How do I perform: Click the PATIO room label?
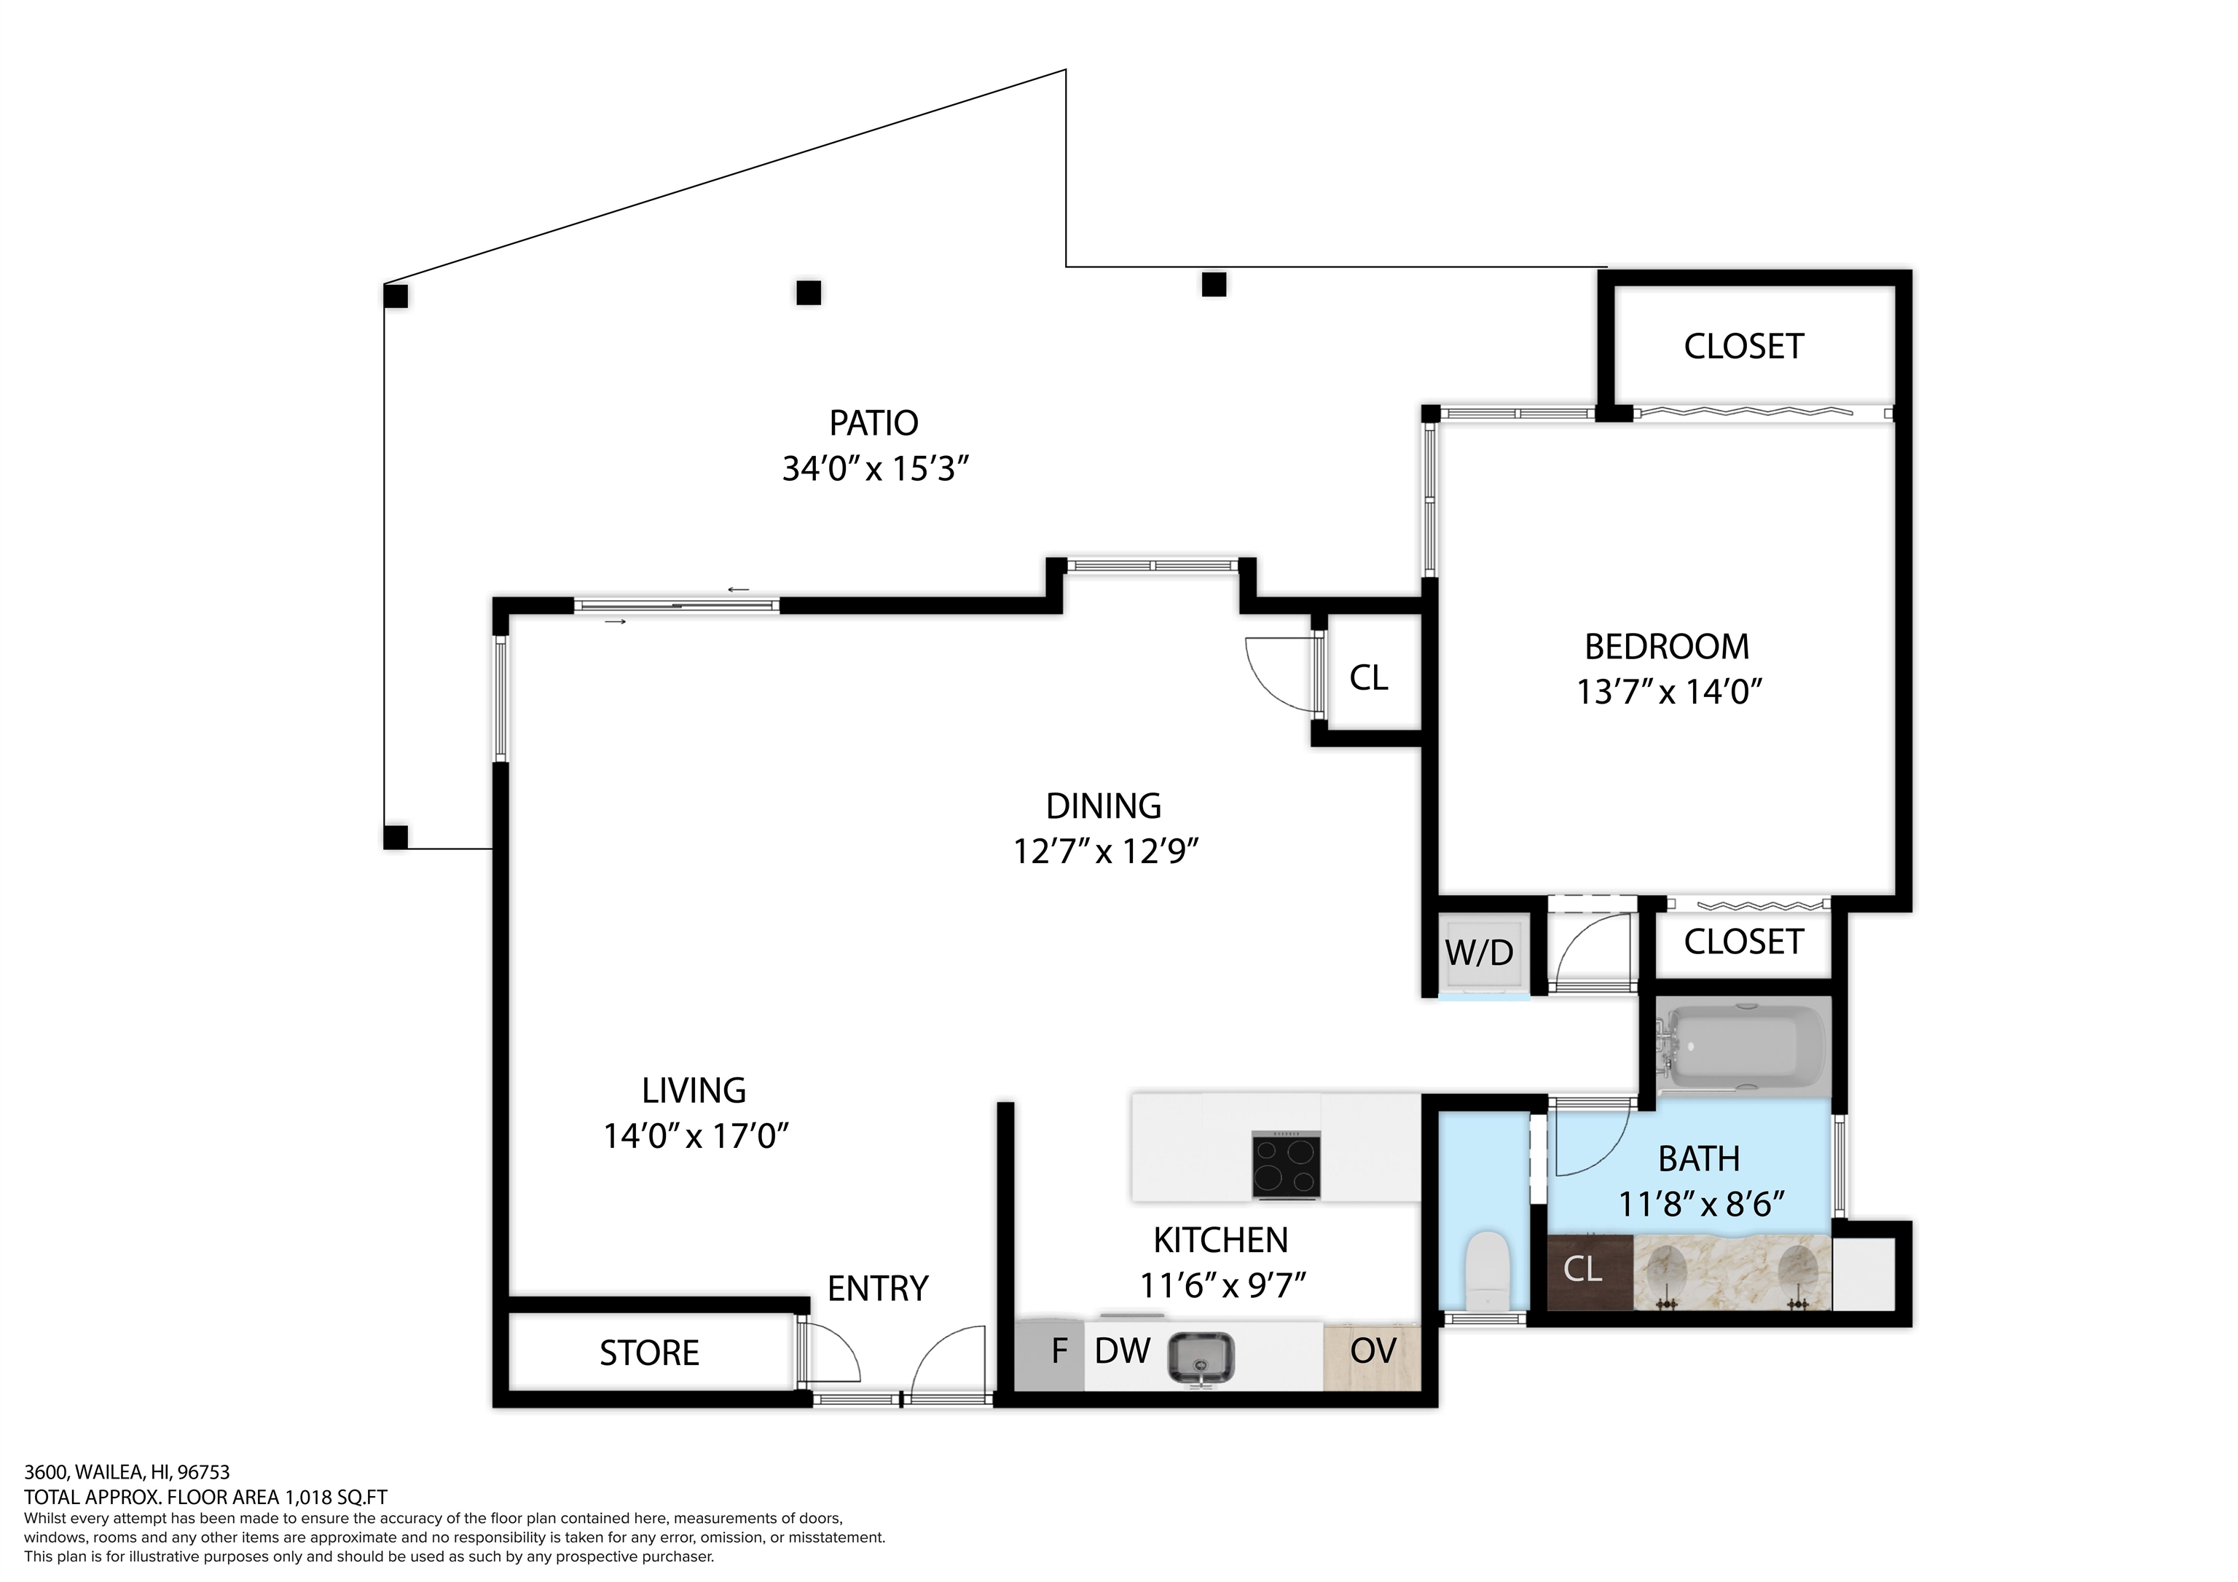click(x=873, y=423)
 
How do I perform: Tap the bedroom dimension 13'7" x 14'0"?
click(x=1669, y=692)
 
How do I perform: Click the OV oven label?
click(x=1373, y=1351)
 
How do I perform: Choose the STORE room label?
click(x=649, y=1354)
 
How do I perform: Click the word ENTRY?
click(x=877, y=1288)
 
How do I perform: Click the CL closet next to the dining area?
click(x=1369, y=678)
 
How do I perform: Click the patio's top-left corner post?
click(x=396, y=295)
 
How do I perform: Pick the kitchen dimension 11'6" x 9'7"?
click(x=1221, y=1287)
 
